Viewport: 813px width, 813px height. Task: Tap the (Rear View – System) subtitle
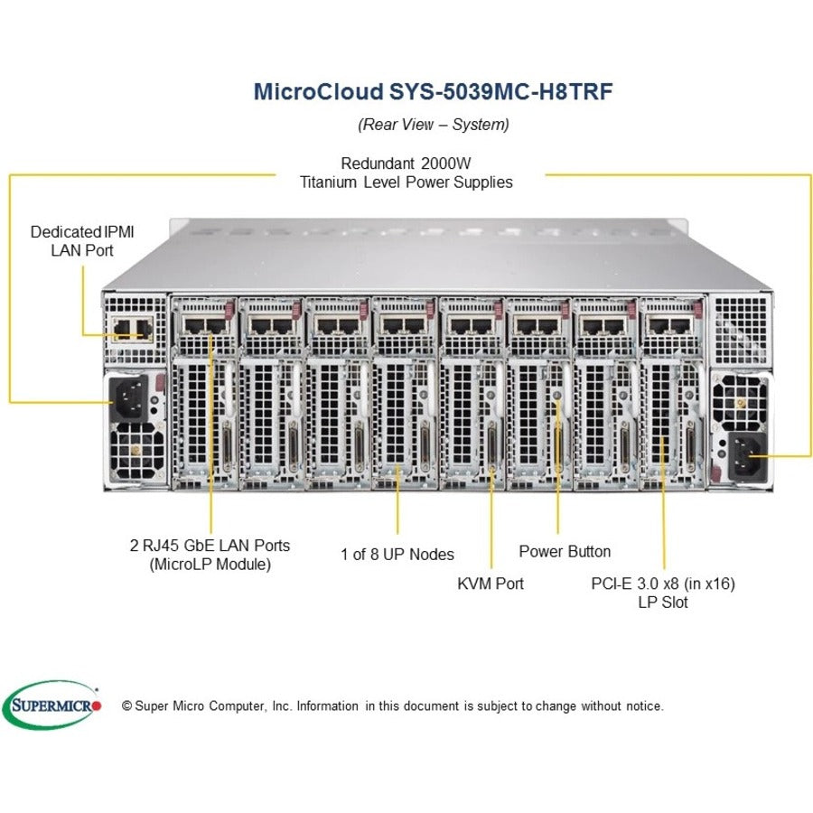pyautogui.click(x=434, y=124)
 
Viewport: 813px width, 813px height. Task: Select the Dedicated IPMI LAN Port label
pyautogui.click(x=82, y=240)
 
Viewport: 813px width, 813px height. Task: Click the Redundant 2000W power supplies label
pyautogui.click(x=406, y=173)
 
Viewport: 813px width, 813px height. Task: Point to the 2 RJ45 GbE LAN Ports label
pyautogui.click(x=210, y=555)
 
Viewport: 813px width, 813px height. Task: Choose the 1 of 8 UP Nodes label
pyautogui.click(x=397, y=554)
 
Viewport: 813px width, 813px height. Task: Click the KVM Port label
pyautogui.click(x=491, y=584)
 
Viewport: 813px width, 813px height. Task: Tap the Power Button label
pyautogui.click(x=565, y=551)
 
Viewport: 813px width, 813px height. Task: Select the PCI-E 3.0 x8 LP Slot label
pyautogui.click(x=663, y=593)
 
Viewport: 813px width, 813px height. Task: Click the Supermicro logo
pyautogui.click(x=52, y=705)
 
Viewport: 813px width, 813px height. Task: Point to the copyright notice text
pyautogui.click(x=393, y=706)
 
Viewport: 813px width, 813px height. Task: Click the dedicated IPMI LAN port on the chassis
pyautogui.click(x=127, y=327)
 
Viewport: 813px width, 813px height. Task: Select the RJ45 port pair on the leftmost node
pyautogui.click(x=203, y=324)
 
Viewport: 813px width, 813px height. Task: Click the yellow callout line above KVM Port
pyautogui.click(x=491, y=515)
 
